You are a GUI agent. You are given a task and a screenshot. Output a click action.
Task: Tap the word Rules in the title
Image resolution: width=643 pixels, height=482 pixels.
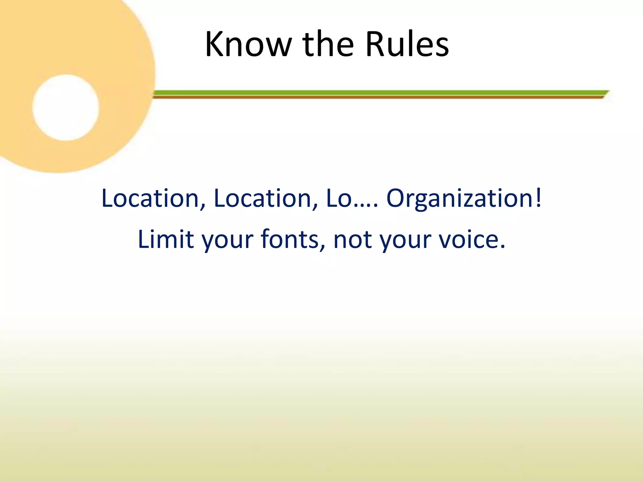click(x=407, y=45)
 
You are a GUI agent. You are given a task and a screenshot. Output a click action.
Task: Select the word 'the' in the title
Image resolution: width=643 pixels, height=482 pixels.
click(x=328, y=45)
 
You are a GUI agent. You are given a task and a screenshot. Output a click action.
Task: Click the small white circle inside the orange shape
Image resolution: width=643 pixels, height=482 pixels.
click(x=66, y=108)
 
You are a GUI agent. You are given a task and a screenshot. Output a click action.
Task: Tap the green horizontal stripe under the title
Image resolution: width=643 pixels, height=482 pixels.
click(x=377, y=93)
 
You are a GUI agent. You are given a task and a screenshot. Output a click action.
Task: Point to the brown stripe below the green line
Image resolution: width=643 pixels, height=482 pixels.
click(x=377, y=97)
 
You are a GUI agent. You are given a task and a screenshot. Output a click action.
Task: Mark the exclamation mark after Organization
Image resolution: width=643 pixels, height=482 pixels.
click(x=539, y=198)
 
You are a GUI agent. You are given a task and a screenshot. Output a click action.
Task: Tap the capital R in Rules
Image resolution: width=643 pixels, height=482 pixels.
click(x=375, y=45)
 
